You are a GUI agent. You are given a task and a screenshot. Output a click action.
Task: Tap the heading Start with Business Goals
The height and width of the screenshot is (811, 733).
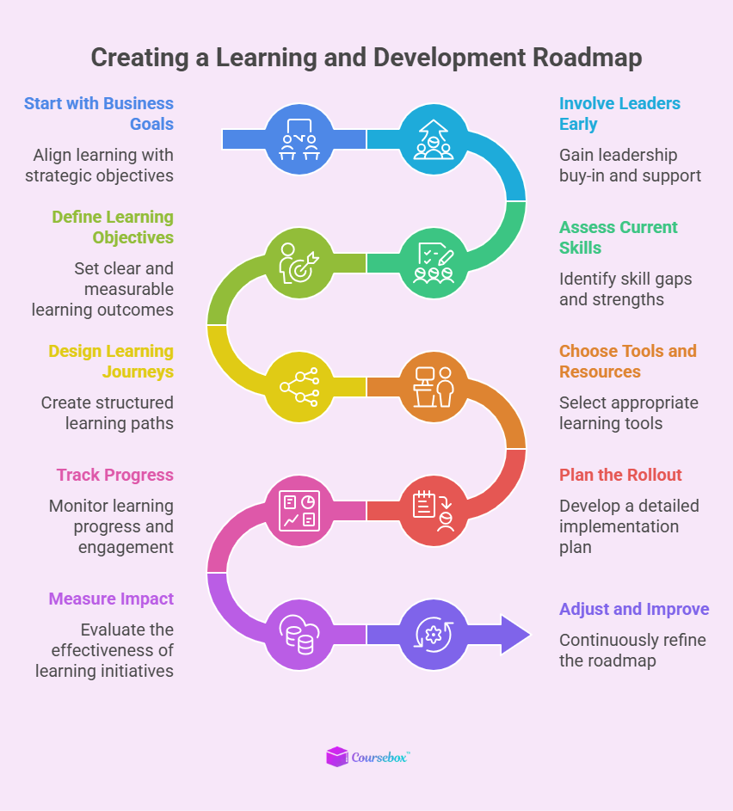99,114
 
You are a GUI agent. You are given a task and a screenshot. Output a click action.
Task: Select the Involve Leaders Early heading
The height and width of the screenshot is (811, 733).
619,114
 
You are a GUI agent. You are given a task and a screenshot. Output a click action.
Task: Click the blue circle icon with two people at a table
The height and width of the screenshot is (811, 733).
299,138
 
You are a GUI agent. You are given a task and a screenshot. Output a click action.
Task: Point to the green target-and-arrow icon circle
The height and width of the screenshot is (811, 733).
299,262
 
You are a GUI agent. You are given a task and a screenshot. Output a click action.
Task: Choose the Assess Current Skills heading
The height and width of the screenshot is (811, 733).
618,237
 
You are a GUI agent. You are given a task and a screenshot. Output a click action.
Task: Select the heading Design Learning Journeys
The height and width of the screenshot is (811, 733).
111,361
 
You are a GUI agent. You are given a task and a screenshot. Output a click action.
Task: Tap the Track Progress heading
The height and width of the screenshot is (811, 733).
115,475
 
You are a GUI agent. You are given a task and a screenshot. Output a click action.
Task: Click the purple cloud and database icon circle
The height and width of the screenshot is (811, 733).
299,634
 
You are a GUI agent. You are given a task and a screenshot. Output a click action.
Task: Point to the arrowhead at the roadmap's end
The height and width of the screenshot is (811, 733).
514,634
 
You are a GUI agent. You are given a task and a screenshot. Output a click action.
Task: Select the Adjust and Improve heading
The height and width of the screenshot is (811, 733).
634,609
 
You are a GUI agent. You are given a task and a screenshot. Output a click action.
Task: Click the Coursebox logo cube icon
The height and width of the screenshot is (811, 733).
336,757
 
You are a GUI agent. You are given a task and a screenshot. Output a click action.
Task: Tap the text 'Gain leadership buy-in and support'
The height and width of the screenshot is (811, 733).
630,165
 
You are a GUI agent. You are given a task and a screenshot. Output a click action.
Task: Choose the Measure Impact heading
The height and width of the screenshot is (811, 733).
111,599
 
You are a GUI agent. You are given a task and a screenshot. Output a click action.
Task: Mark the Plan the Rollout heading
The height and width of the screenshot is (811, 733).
620,475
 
